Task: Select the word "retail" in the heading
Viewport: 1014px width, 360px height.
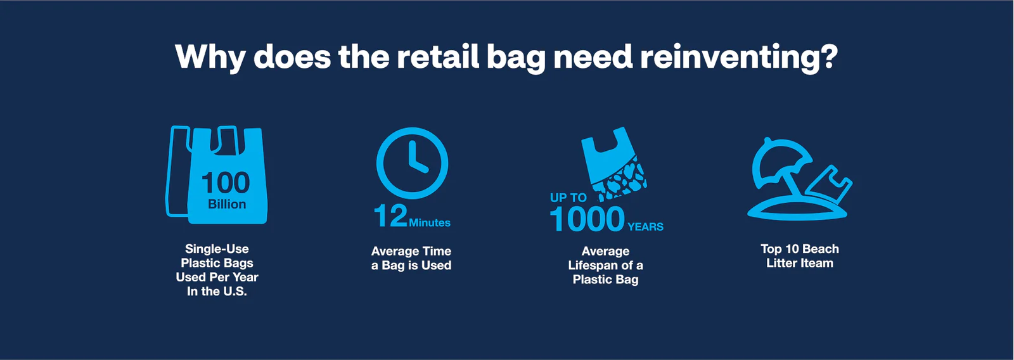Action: coord(438,56)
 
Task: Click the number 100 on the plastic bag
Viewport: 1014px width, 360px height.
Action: coord(226,183)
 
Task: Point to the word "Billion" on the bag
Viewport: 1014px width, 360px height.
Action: coord(227,204)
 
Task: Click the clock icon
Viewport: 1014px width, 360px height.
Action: coord(412,163)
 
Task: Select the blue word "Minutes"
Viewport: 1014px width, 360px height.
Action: coord(430,222)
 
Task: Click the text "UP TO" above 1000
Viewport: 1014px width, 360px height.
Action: coord(568,198)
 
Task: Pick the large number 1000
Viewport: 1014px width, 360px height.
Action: coord(587,219)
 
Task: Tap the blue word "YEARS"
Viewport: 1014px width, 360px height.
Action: coord(646,226)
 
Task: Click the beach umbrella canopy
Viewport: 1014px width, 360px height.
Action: coord(780,159)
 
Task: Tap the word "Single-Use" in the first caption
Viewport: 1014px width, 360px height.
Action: coord(217,248)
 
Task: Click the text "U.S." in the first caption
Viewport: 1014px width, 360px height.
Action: coord(236,291)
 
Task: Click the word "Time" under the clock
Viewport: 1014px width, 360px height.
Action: coord(437,251)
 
